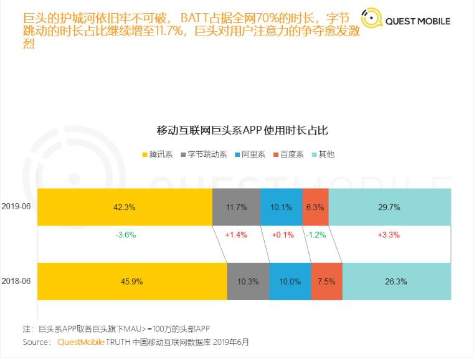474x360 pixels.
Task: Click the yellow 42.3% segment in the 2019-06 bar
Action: (125, 206)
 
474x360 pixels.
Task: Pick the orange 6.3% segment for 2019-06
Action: (315, 206)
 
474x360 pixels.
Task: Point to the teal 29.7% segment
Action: (389, 206)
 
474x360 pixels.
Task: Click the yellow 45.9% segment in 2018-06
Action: (132, 282)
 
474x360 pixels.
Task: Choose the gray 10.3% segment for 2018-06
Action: (248, 282)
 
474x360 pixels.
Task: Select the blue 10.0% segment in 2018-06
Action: (290, 282)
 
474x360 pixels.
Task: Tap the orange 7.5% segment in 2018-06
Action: (326, 282)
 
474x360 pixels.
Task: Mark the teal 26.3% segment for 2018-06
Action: (396, 282)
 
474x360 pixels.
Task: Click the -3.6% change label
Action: (125, 235)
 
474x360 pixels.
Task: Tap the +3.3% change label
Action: (389, 235)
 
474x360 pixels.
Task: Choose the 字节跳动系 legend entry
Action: (204, 154)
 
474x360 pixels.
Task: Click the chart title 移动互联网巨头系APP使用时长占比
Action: (242, 131)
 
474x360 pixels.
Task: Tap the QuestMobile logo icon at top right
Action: (371, 19)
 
